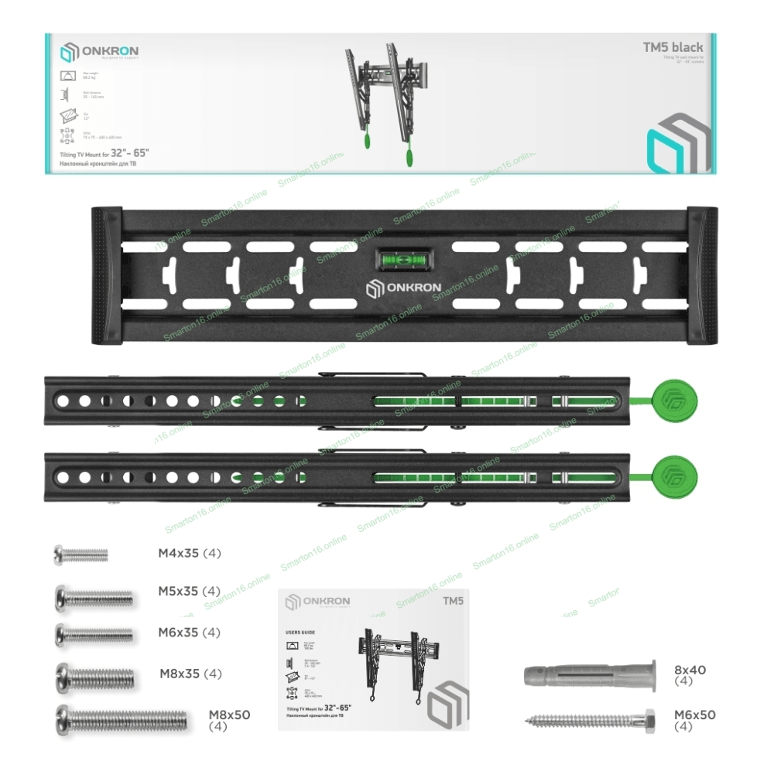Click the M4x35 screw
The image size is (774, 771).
[80, 554]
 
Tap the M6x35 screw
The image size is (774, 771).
[94, 633]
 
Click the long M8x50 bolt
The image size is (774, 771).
[121, 720]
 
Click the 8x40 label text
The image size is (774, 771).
[690, 670]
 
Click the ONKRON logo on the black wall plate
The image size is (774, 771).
[403, 288]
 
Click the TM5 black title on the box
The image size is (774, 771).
[673, 47]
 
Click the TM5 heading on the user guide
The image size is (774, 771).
[453, 600]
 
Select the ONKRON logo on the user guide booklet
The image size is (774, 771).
[317, 602]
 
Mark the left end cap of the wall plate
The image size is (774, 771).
[105, 275]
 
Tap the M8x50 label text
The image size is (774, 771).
[229, 715]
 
